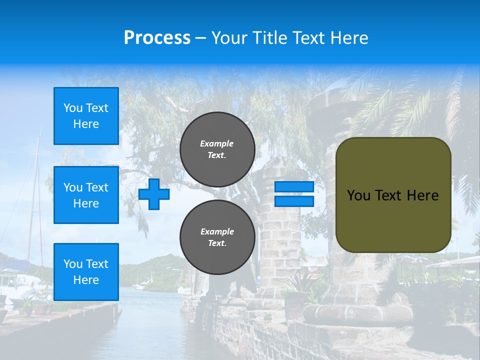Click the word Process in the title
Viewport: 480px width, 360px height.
tap(157, 37)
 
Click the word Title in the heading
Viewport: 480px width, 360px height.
tap(268, 38)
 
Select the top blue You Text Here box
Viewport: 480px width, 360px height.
tap(86, 116)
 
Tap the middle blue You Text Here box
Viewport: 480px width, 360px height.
tap(86, 195)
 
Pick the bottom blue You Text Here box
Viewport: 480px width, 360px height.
tap(86, 272)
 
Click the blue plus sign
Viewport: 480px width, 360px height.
tap(154, 194)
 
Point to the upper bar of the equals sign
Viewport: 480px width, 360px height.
tap(294, 186)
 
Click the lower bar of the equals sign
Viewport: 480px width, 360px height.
tap(294, 201)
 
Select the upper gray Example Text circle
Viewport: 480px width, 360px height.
tap(217, 149)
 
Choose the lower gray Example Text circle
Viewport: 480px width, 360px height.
tap(217, 237)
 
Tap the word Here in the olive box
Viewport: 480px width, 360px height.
tap(422, 195)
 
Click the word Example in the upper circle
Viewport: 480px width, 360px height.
tap(216, 143)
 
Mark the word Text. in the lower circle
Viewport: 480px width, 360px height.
tap(216, 243)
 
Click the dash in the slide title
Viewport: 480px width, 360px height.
tap(200, 38)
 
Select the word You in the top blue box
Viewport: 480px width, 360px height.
tap(72, 108)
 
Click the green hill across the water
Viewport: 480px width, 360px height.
tap(150, 270)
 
